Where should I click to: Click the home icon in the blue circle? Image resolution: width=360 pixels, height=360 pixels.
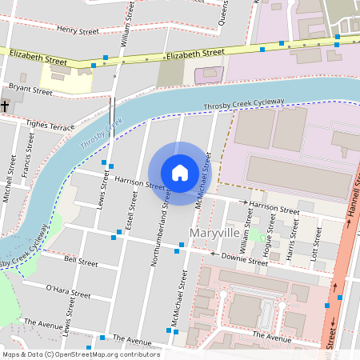[180, 172]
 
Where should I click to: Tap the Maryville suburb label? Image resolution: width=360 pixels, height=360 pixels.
[214, 233]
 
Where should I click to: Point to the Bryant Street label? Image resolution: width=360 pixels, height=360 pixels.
[30, 91]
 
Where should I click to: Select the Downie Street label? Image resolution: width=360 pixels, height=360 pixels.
[244, 259]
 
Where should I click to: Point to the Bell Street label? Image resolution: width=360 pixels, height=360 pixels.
[80, 262]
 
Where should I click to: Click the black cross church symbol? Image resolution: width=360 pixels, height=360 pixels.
[6, 106]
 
